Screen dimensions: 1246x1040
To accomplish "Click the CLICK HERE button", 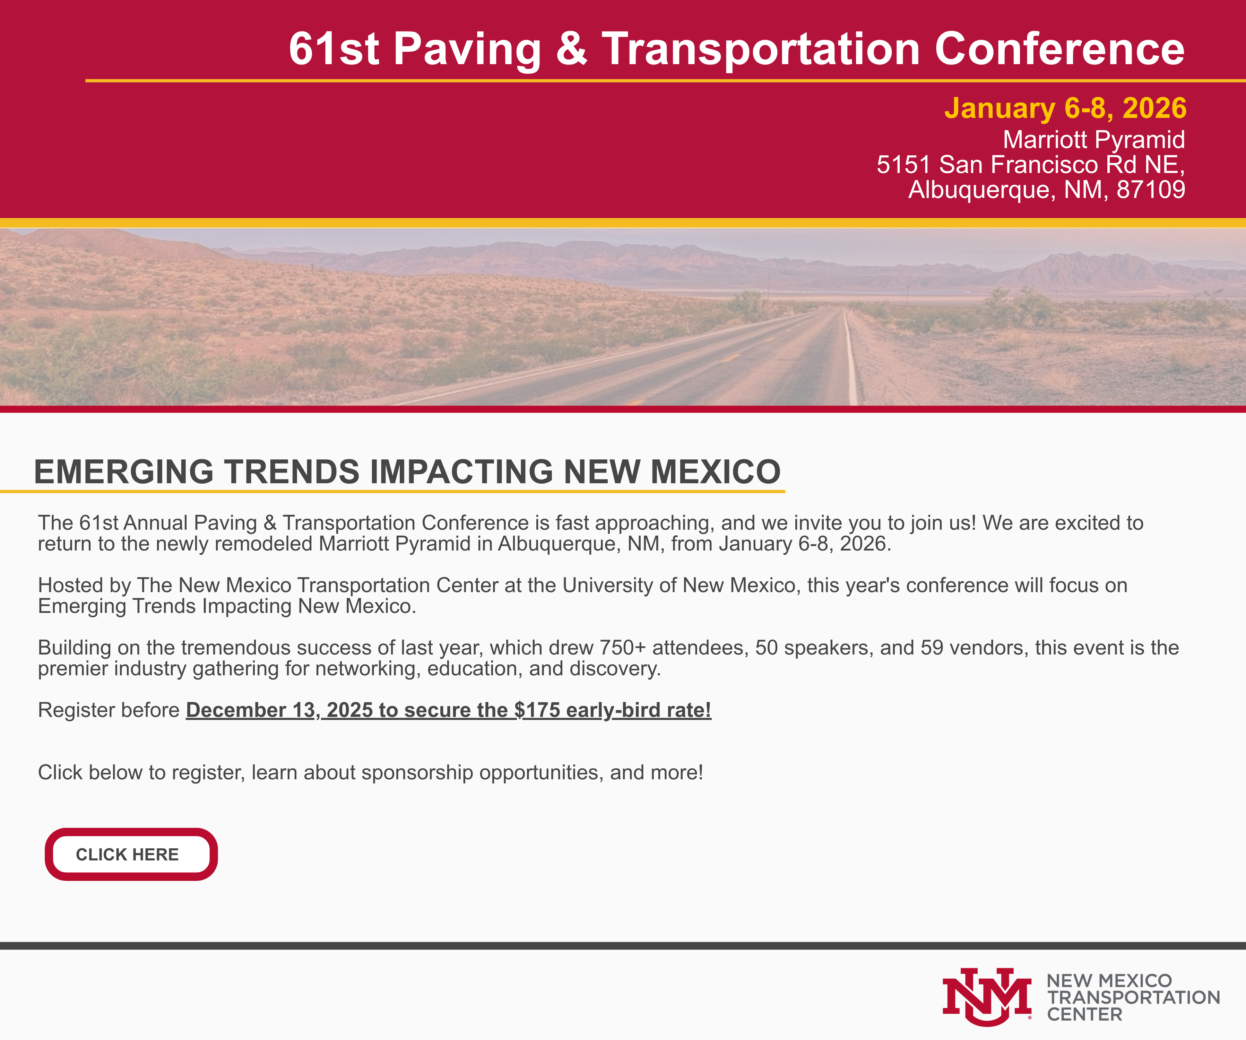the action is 131,854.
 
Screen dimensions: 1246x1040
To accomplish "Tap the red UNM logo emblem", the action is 987,997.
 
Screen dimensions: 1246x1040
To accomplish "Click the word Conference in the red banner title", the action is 1060,49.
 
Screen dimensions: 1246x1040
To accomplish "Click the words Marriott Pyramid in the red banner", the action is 1093,140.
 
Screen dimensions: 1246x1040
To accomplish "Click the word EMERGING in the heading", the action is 123,472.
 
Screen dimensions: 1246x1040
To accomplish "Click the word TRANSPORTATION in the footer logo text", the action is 1133,997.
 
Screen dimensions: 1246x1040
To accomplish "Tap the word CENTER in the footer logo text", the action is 1084,1014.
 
